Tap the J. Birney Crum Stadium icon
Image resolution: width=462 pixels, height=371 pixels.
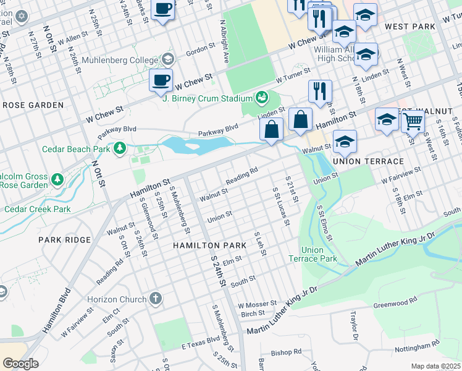262,98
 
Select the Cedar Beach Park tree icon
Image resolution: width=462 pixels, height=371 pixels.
120,148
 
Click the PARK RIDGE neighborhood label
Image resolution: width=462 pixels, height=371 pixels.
64,239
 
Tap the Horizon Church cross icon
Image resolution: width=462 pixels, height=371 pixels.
156,299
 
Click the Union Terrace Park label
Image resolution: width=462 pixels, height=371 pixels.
314,254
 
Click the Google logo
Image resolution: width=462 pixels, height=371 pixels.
20,363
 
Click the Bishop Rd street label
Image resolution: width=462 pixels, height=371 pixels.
286,352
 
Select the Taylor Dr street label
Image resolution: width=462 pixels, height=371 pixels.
355,326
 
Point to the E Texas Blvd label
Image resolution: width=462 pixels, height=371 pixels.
201,341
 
